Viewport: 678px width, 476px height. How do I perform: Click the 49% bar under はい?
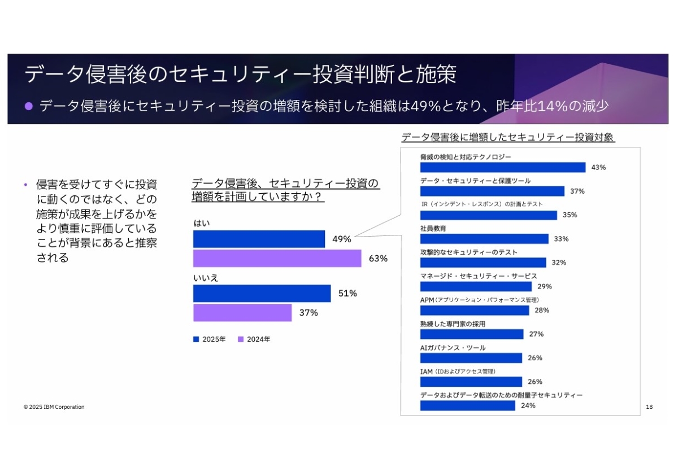[259, 239]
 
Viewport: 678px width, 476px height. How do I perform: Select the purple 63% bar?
[277, 258]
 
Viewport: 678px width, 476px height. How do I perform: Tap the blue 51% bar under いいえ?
[262, 293]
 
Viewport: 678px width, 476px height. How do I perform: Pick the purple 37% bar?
[242, 312]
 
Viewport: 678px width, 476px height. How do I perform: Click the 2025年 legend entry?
[210, 339]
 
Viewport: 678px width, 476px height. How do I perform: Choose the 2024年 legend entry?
[254, 339]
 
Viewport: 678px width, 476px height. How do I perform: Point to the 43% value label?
[598, 167]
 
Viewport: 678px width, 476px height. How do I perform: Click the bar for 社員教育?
[484, 239]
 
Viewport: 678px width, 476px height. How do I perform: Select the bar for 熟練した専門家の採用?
[472, 334]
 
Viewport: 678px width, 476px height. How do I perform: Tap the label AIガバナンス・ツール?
[453, 348]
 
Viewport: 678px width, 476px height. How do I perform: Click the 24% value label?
[528, 405]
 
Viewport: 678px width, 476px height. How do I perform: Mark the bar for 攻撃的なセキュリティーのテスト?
[483, 263]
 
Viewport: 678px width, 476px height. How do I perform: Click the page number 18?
[649, 407]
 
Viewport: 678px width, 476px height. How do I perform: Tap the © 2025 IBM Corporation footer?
[54, 407]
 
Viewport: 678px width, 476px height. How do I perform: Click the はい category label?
[202, 223]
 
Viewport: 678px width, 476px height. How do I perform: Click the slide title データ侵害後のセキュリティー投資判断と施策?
[241, 74]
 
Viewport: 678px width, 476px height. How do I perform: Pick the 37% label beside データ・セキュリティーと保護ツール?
[577, 191]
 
